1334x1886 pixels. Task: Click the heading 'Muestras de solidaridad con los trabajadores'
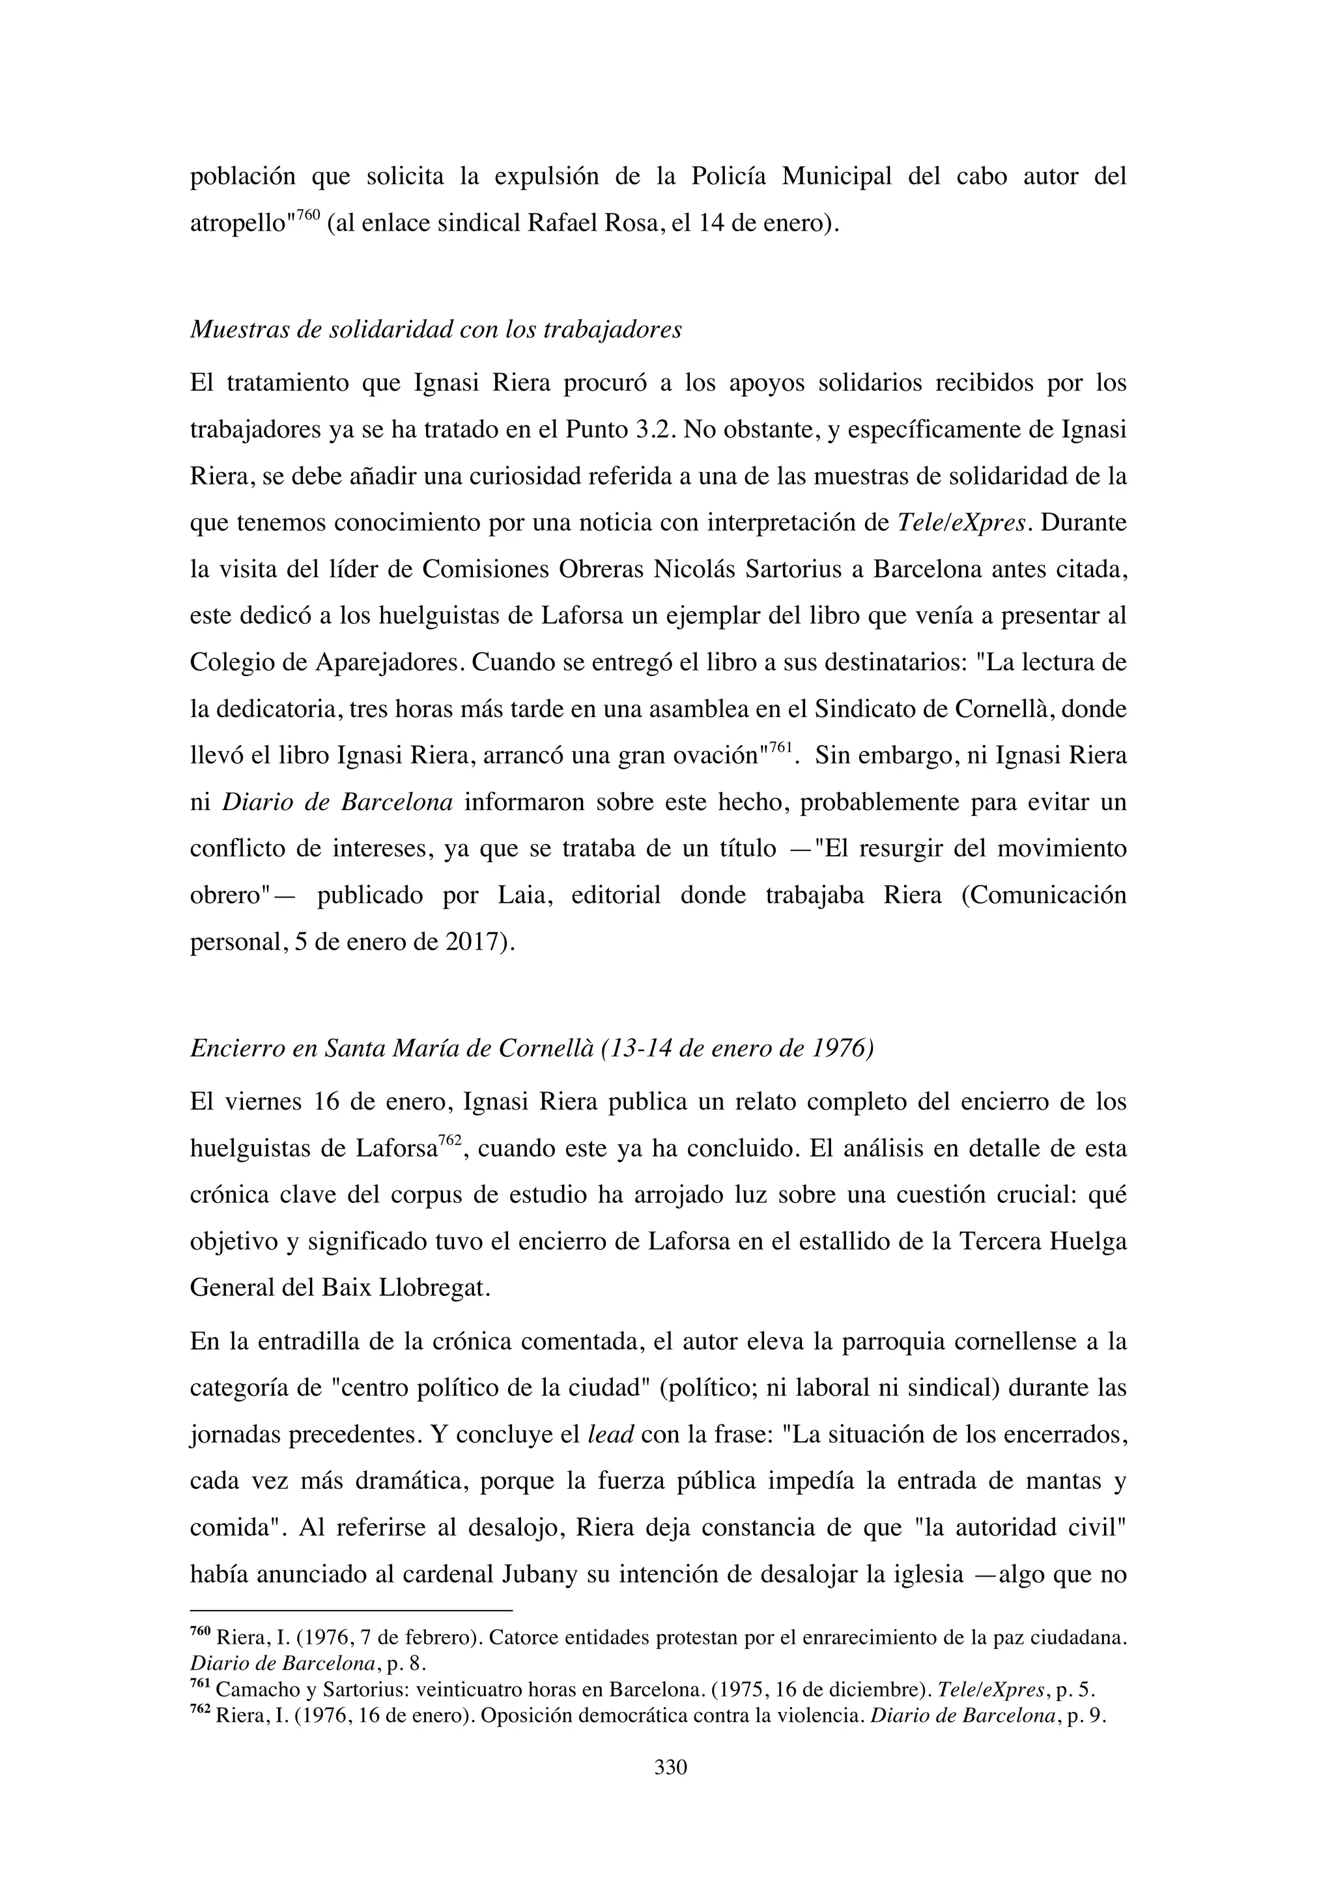point(435,330)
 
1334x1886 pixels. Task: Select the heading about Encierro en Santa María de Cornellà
point(532,1049)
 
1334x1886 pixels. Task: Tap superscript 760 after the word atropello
point(307,215)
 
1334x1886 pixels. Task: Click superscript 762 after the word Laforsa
point(449,1139)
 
